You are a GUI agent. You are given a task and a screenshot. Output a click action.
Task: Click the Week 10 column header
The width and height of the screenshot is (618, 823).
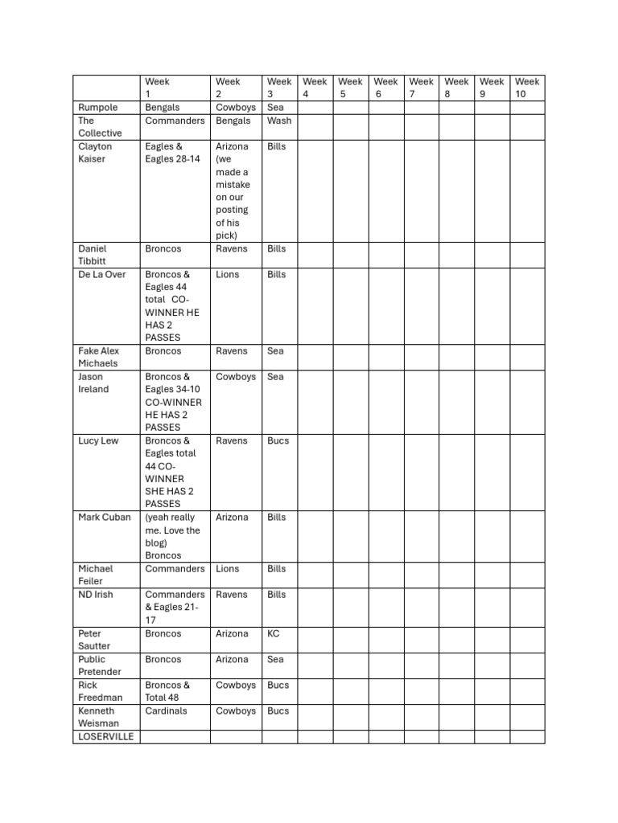tap(527, 88)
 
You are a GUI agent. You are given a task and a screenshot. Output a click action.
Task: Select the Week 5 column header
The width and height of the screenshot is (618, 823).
tap(350, 88)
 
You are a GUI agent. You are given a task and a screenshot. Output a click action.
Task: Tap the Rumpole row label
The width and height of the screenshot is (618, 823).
tap(97, 108)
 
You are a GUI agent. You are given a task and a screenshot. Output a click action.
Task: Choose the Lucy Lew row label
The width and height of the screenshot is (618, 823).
tap(98, 441)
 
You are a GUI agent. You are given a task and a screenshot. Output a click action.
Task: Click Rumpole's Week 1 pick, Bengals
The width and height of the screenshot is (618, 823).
tap(163, 108)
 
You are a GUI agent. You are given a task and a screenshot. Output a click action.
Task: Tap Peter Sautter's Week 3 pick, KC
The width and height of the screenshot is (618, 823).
tap(274, 634)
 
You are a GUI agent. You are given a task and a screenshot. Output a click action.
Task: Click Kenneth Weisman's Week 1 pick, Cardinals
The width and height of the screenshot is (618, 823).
tap(166, 711)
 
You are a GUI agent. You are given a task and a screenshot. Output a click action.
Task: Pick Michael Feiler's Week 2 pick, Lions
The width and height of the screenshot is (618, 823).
tap(228, 569)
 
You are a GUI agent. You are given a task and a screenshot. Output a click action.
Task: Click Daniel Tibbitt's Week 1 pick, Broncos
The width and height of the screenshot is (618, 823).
tap(163, 249)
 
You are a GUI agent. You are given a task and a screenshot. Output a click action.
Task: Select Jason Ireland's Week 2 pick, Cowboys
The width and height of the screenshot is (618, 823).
tap(236, 377)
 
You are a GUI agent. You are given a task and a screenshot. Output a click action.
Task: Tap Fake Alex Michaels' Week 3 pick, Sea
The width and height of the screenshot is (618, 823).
tap(275, 351)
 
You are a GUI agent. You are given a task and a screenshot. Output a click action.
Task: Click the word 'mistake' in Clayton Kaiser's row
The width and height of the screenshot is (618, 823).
tap(233, 185)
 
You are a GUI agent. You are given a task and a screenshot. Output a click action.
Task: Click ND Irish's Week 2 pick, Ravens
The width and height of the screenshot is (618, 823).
tap(233, 595)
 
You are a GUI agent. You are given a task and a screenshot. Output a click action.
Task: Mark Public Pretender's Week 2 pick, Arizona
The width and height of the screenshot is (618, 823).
tap(233, 660)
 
